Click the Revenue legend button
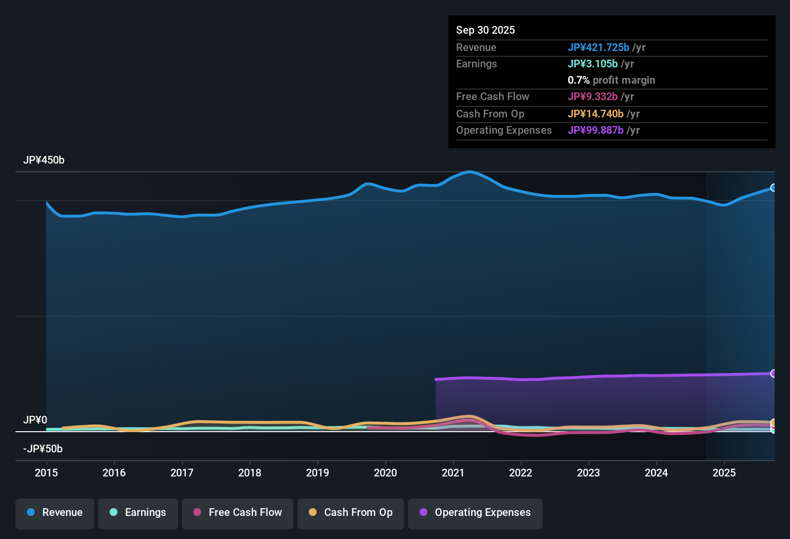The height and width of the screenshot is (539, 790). pos(55,513)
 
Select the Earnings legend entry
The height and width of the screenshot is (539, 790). pos(138,513)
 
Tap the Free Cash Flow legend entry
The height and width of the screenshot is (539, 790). pos(238,513)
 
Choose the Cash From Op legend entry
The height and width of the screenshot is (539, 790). pos(351,513)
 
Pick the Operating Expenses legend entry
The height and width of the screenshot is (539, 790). pos(475,513)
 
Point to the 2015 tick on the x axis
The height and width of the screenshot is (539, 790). pos(46,473)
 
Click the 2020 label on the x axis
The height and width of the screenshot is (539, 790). pos(385,473)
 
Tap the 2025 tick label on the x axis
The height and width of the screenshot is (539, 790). pos(724,473)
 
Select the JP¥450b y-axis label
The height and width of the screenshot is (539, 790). pos(44,160)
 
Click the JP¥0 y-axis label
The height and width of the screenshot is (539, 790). pos(35,420)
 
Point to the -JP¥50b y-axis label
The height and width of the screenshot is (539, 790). pos(43,449)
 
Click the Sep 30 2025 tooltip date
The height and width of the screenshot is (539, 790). pos(485,30)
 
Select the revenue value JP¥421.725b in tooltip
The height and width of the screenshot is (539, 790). pos(599,48)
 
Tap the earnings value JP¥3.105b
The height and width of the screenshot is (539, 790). pos(593,64)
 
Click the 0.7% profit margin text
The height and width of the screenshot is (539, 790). pos(612,80)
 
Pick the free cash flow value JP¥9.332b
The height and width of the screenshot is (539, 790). pos(593,97)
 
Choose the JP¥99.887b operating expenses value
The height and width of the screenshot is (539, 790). pos(596,130)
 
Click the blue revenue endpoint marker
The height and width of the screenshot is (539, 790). pos(774,188)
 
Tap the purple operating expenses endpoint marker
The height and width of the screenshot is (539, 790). pos(774,373)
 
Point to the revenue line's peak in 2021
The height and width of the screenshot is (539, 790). pos(469,172)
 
